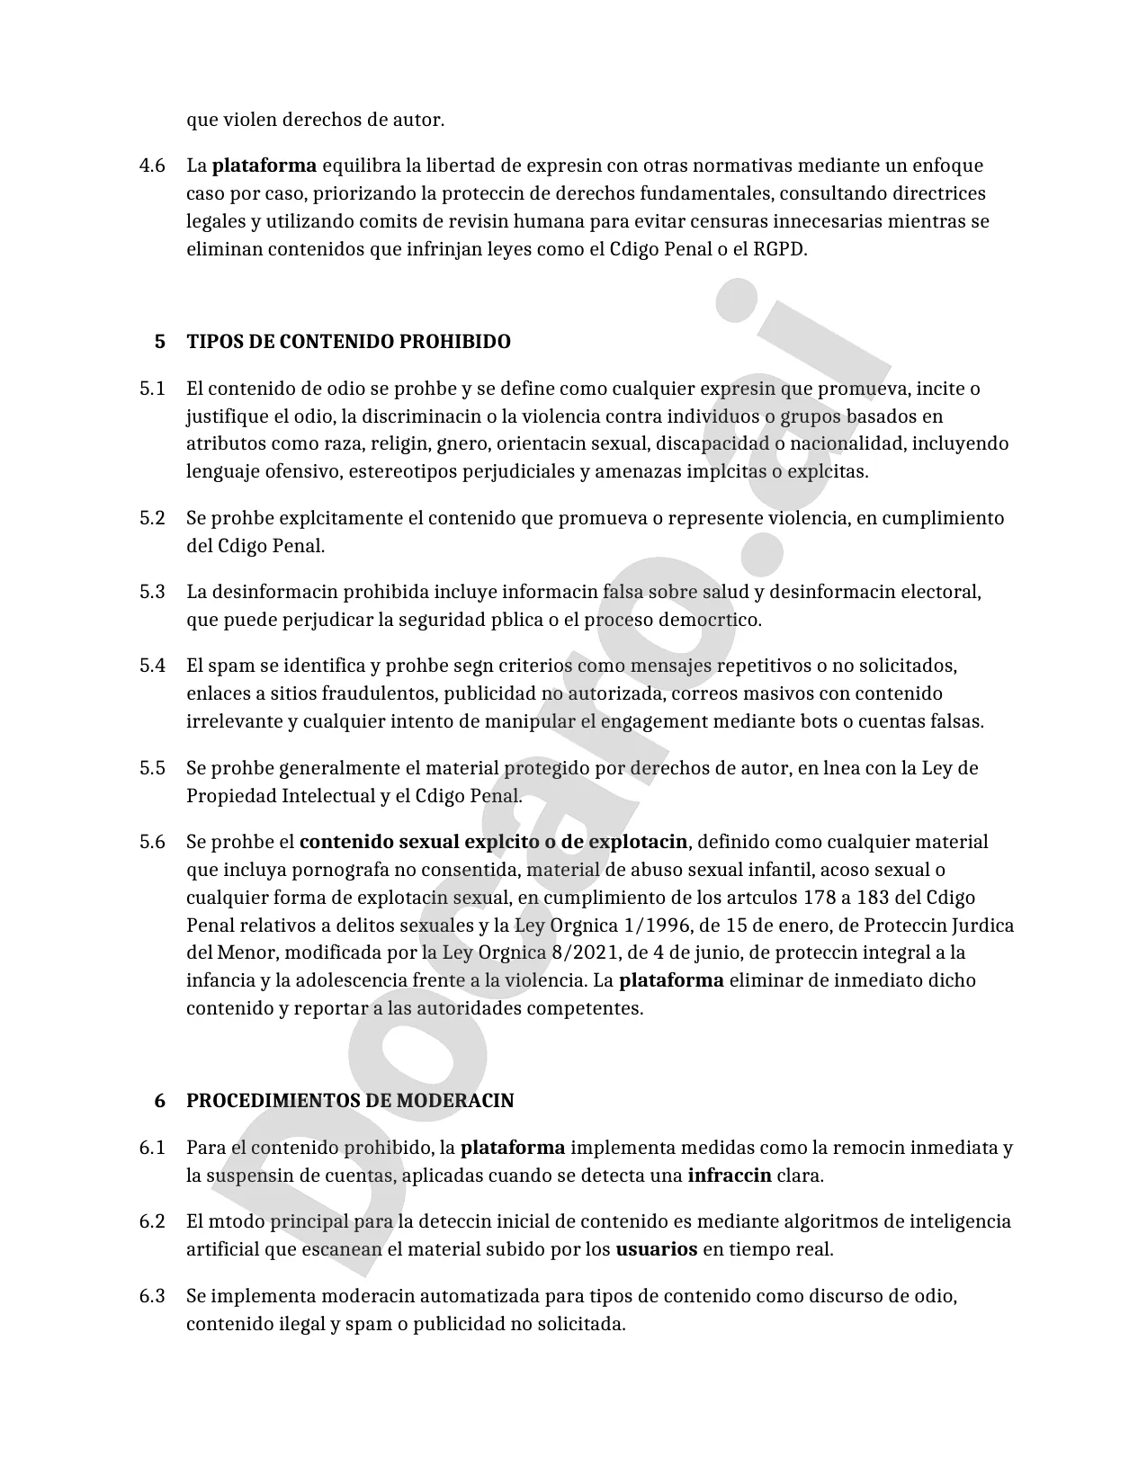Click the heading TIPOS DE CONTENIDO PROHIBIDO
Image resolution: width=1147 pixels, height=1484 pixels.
coord(348,342)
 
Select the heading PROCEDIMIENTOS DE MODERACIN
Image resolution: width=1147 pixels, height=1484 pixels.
coord(350,1101)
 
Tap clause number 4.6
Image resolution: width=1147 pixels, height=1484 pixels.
coord(152,165)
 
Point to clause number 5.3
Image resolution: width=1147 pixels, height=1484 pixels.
coord(152,592)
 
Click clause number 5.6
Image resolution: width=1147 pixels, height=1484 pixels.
coord(152,842)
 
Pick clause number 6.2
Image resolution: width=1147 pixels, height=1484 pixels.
coord(152,1221)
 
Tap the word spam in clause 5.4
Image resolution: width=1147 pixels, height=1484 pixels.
coord(231,666)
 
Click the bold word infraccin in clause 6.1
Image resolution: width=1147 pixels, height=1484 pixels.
coord(729,1176)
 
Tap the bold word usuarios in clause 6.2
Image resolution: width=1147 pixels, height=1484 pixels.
coord(656,1249)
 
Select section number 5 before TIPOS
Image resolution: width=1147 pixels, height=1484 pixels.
coord(160,342)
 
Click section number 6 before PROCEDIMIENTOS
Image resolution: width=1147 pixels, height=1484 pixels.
coord(160,1101)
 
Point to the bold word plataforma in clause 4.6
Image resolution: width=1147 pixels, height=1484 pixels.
coord(264,165)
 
